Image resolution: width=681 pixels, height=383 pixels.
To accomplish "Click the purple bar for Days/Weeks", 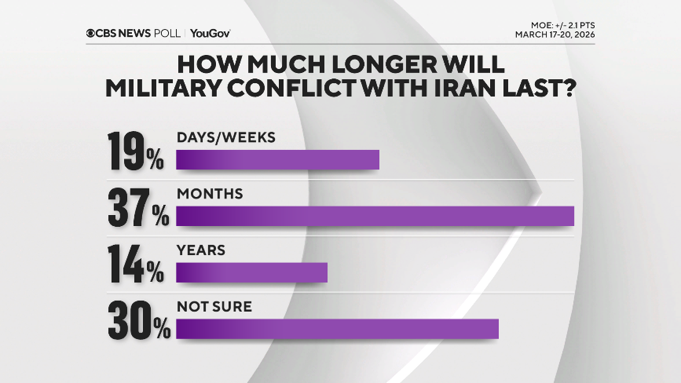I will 277,160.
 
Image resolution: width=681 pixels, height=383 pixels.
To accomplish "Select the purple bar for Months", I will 375,216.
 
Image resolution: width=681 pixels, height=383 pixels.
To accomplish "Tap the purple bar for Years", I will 251,272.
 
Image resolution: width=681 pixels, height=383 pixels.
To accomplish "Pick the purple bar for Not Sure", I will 338,329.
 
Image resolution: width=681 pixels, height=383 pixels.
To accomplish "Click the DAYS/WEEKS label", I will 226,137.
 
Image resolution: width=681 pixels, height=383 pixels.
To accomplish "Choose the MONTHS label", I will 210,193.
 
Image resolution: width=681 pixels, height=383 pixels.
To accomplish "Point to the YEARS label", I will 201,250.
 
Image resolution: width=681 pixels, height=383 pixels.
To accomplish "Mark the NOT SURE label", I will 214,307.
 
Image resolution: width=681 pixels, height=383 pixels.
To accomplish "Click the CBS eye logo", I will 92,33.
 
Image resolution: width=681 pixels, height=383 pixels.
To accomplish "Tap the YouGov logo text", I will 210,33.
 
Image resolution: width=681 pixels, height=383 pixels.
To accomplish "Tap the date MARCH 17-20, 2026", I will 554,35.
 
